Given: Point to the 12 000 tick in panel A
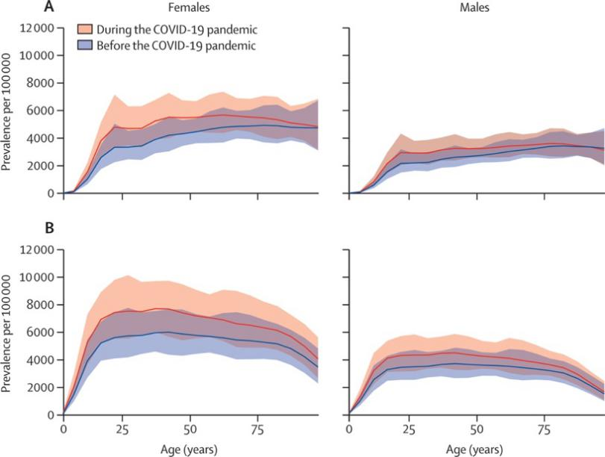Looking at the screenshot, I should click(x=37, y=28).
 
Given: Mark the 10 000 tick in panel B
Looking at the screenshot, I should click(x=37, y=277).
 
